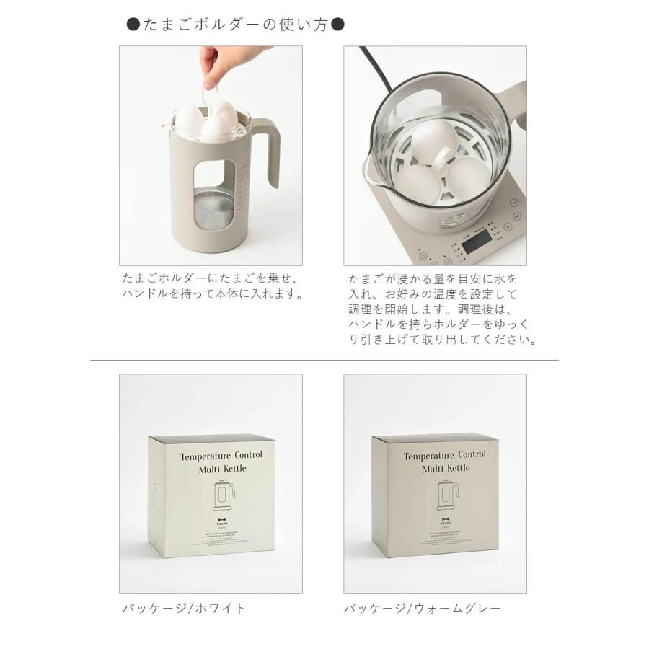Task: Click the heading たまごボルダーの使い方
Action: [236, 25]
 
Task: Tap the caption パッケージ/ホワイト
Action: [184, 608]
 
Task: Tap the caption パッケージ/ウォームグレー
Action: [422, 608]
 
